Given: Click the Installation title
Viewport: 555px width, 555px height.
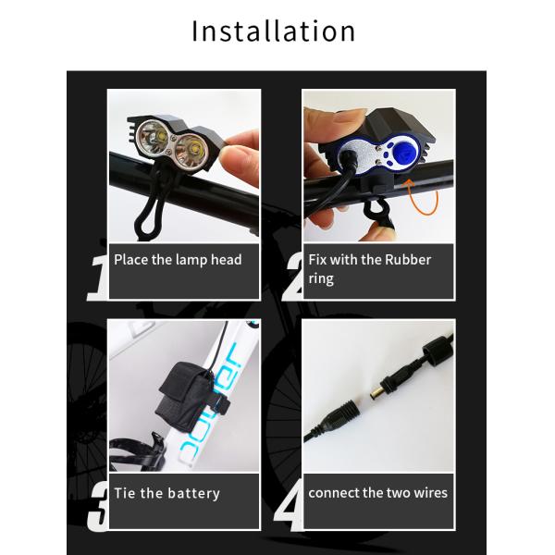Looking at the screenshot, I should pyautogui.click(x=273, y=31).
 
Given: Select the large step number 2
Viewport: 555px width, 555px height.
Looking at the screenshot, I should pyautogui.click(x=292, y=277).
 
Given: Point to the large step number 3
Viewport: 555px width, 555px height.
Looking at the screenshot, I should pyautogui.click(x=97, y=506).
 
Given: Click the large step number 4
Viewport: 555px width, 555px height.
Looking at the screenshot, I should pyautogui.click(x=290, y=506).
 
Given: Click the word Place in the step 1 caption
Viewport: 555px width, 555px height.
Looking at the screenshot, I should pyautogui.click(x=130, y=260).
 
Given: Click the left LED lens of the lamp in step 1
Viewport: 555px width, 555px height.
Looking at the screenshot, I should pyautogui.click(x=152, y=142).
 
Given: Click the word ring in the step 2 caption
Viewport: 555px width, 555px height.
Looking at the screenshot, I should pyautogui.click(x=322, y=278).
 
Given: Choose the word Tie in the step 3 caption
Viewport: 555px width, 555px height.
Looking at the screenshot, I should pyautogui.click(x=125, y=493).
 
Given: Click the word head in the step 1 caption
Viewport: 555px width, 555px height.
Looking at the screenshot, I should pyautogui.click(x=226, y=260).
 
